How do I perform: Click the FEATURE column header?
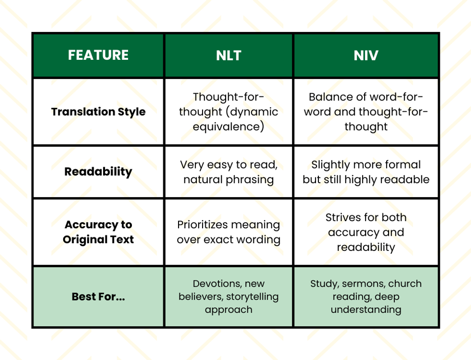coord(98,55)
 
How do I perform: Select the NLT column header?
coord(228,55)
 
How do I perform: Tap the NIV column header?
coord(366,55)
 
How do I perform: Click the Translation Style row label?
coord(98,112)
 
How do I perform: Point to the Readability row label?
coord(98,172)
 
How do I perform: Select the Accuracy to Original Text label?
coord(98,232)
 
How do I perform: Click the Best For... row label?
coord(98,297)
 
